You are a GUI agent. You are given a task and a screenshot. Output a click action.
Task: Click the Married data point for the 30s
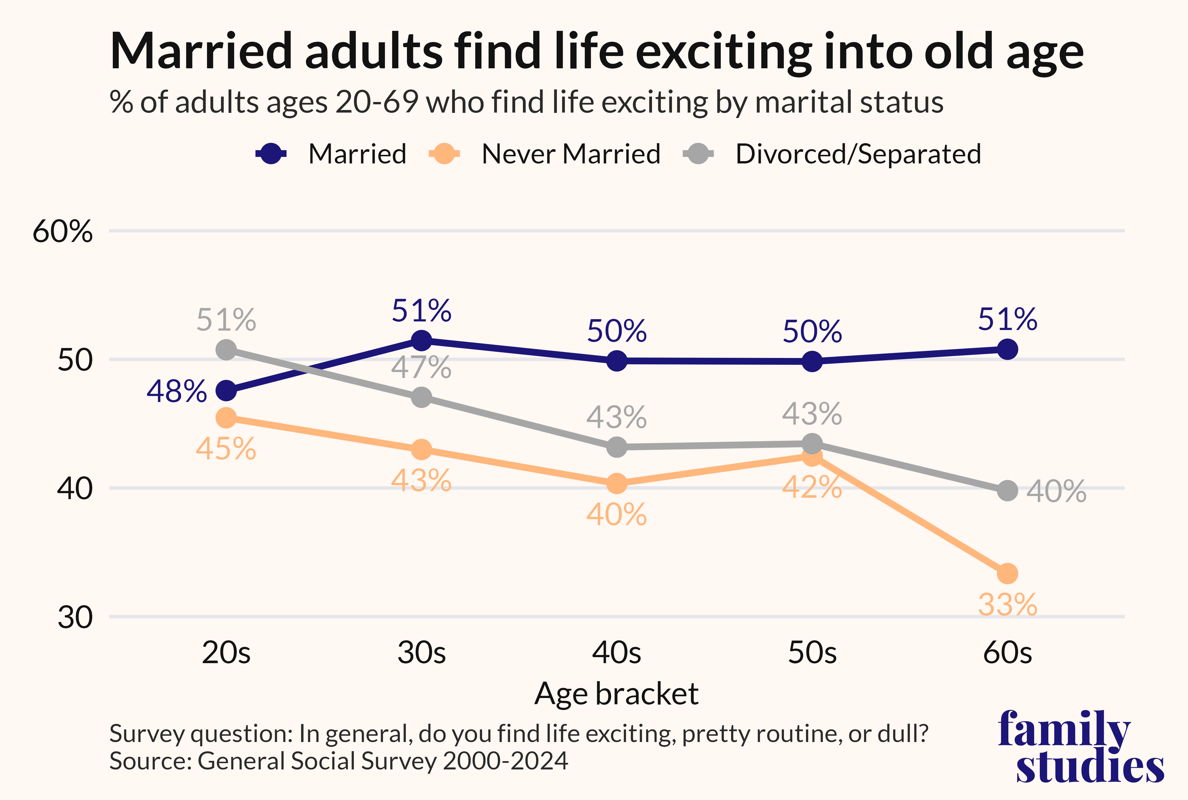(421, 340)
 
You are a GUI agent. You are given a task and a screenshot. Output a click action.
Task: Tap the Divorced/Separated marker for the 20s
(226, 350)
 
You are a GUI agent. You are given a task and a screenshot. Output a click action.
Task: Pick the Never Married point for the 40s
(617, 483)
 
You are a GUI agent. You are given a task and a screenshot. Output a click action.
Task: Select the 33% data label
(1008, 605)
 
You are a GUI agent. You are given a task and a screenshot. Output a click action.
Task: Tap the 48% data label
(176, 392)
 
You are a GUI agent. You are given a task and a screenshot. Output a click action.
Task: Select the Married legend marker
(271, 154)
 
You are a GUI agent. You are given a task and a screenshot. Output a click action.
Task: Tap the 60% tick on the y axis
(63, 231)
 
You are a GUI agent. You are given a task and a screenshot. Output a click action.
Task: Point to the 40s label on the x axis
(617, 653)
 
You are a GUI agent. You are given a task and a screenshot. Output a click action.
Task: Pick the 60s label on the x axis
(1008, 653)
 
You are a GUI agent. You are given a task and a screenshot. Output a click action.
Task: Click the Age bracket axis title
(617, 694)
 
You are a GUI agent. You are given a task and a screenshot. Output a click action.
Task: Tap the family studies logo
(1081, 746)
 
